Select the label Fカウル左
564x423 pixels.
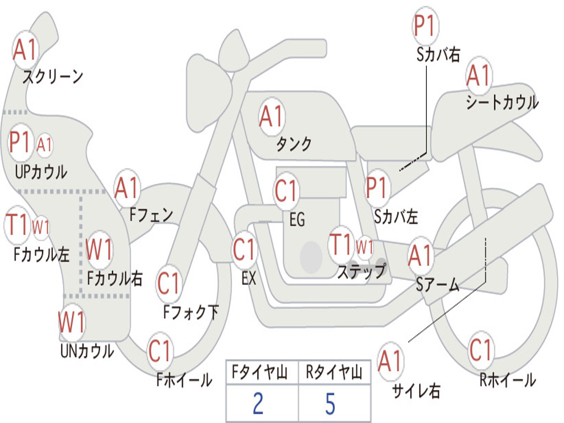(42, 254)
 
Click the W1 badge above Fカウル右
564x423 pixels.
(100, 250)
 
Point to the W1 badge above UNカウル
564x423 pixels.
(72, 321)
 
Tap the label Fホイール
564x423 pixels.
(184, 380)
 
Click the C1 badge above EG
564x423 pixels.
(287, 191)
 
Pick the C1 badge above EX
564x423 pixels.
(245, 250)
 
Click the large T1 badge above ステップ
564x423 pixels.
(341, 243)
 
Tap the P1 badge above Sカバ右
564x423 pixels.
(425, 25)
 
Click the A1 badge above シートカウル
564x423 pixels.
(479, 77)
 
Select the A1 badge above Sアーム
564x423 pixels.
(421, 256)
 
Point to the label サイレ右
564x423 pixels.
(416, 391)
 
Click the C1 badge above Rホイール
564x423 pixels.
(481, 349)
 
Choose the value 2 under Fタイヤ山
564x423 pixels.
(258, 404)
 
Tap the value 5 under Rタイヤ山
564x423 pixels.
(330, 404)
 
